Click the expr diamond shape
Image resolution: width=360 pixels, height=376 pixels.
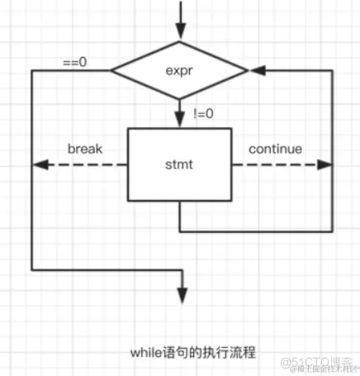(x=180, y=71)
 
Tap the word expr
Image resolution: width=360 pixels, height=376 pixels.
(x=180, y=71)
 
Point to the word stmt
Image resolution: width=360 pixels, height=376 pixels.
(x=180, y=164)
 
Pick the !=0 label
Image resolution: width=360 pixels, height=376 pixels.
(x=202, y=114)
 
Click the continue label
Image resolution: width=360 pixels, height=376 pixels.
(x=275, y=150)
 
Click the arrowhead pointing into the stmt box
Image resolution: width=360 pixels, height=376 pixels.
(x=180, y=121)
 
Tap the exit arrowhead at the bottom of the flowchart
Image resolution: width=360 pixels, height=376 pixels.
(x=180, y=295)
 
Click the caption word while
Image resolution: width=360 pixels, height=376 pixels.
(x=146, y=352)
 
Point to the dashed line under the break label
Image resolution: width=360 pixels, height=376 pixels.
(x=83, y=164)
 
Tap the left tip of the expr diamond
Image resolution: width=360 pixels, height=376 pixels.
(x=112, y=72)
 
